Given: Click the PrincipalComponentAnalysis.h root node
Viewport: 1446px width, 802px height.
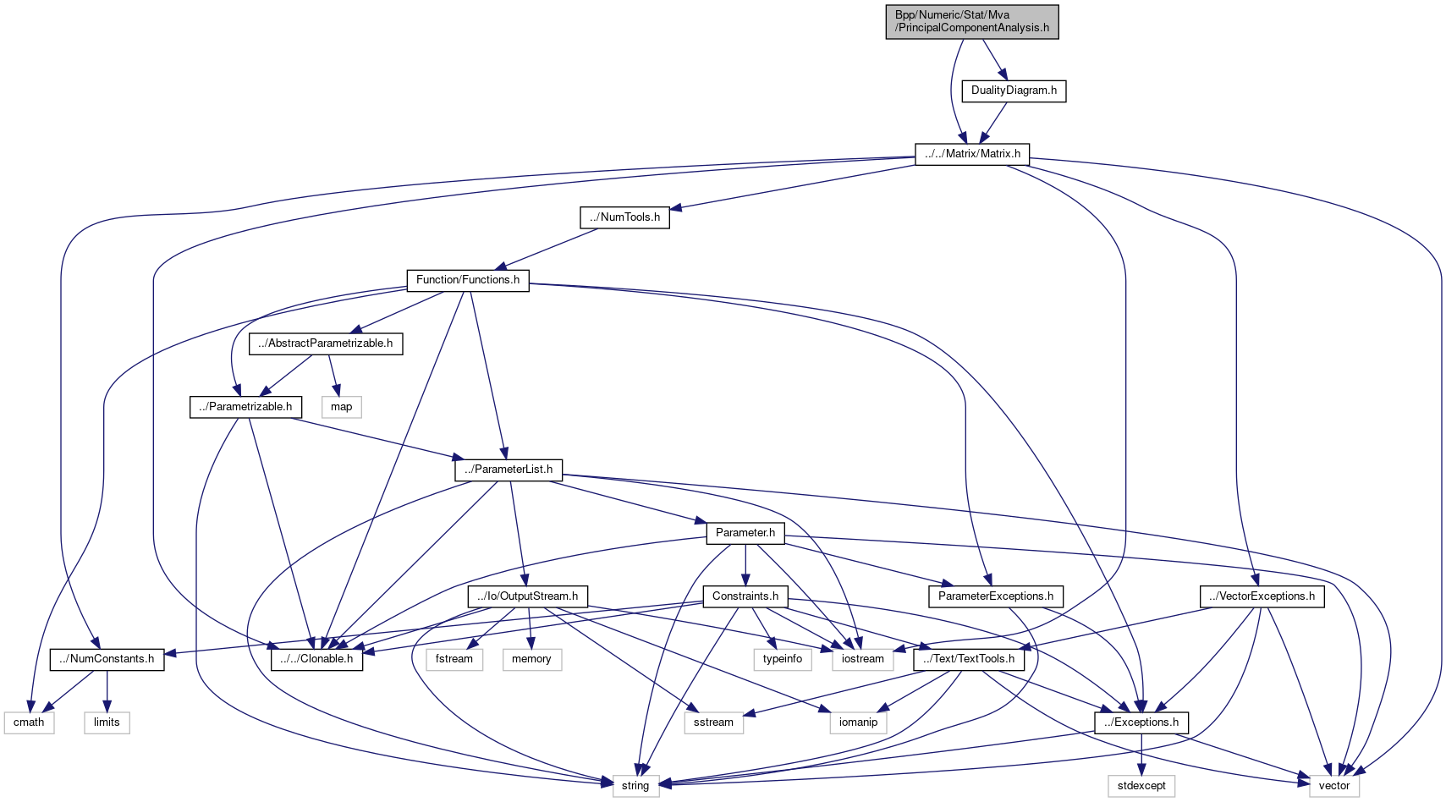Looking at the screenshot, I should point(971,21).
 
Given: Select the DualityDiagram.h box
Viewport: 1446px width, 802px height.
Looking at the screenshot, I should point(1014,91).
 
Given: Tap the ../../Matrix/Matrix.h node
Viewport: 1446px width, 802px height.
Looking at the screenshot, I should point(971,154).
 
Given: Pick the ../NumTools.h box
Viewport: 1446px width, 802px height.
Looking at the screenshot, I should point(625,217).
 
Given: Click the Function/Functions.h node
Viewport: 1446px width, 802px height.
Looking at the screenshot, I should point(468,280).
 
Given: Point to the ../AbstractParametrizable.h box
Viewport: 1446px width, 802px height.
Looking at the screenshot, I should point(326,343).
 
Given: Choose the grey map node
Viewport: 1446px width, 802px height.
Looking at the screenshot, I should point(342,407).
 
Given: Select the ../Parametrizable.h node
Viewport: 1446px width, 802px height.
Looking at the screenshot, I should point(245,407).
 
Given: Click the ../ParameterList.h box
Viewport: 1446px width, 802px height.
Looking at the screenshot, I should point(509,470).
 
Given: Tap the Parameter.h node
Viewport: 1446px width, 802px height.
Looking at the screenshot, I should point(745,533).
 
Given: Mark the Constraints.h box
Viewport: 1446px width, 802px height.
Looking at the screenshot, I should point(745,596).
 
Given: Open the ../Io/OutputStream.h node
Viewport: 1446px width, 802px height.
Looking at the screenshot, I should point(528,596).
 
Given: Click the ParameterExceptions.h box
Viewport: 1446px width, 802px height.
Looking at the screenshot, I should point(996,596).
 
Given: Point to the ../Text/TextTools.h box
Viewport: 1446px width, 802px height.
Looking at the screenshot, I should point(969,659).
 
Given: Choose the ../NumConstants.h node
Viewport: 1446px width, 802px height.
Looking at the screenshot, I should point(107,659).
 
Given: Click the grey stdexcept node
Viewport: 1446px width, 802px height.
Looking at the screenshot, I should point(1141,786).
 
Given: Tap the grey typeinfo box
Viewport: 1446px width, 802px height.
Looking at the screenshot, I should point(783,659).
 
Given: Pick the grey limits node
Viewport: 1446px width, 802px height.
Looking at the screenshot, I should point(107,722).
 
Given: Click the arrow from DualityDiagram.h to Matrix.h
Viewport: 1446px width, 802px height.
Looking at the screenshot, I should point(994,122).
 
